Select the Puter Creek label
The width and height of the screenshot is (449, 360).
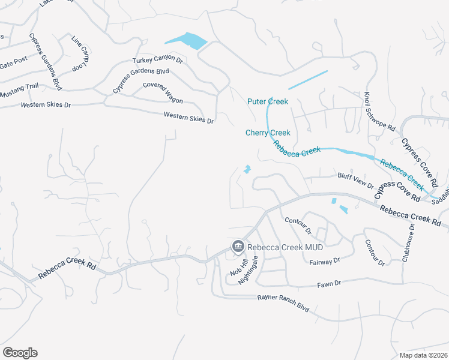click(268, 101)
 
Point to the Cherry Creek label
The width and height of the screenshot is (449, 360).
click(268, 133)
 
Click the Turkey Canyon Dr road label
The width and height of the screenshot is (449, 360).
click(157, 59)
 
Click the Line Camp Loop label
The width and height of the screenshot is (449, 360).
click(80, 54)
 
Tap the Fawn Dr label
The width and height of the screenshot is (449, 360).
click(329, 283)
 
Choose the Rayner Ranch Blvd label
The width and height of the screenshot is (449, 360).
click(283, 302)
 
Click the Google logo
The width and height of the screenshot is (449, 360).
click(20, 353)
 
